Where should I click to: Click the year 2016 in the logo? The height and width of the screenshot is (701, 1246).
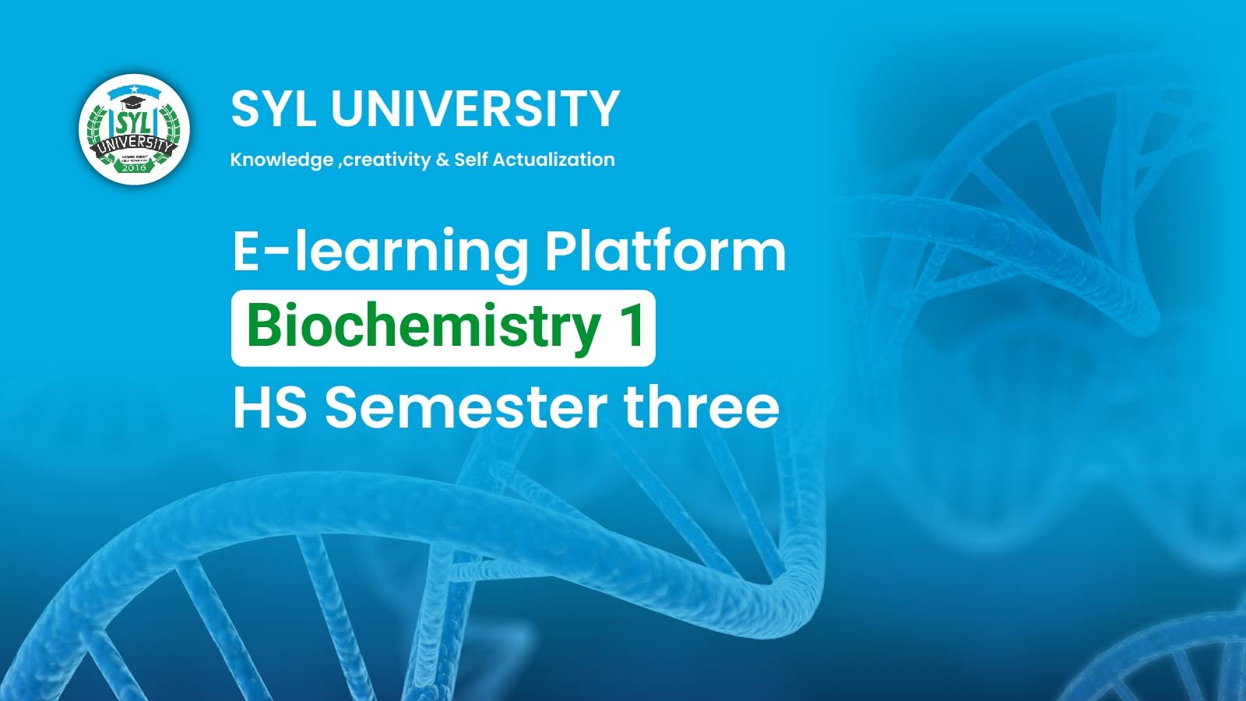tap(134, 167)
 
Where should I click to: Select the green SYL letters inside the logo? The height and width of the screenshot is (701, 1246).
tap(133, 124)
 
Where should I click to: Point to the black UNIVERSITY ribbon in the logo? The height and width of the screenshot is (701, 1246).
tap(134, 146)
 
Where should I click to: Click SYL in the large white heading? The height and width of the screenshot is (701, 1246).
tap(273, 108)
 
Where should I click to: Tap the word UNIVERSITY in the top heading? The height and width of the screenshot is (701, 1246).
tap(475, 108)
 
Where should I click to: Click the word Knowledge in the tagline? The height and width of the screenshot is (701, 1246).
tap(282, 160)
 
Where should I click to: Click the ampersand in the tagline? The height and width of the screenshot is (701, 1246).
tap(442, 160)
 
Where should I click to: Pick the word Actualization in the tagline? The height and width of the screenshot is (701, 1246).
tap(554, 160)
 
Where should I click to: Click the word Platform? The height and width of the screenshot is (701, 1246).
tap(665, 251)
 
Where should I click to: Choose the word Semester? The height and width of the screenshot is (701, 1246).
tap(466, 407)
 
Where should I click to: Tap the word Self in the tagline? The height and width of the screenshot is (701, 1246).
tap(470, 160)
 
